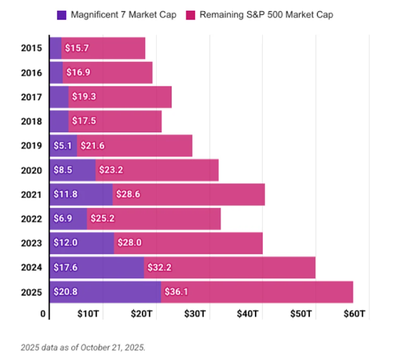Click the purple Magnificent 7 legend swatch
61,15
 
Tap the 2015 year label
31,48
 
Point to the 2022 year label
31,219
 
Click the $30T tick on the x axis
195,314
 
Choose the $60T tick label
354,314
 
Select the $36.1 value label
176,292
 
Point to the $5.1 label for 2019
62,146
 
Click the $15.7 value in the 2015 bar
77,48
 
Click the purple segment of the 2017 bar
59,97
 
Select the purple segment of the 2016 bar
56,73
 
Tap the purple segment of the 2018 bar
59,122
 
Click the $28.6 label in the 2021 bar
128,194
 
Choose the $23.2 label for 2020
111,170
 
